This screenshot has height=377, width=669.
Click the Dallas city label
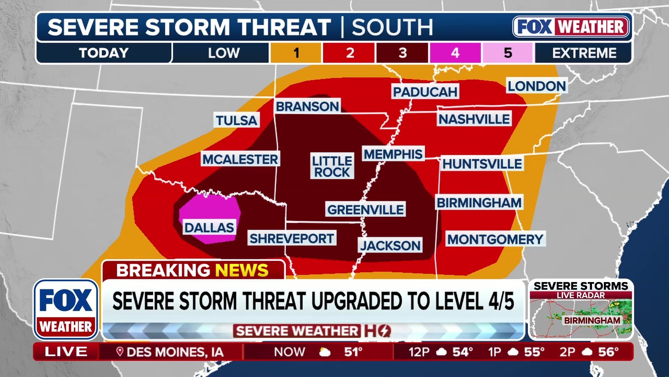(x=209, y=228)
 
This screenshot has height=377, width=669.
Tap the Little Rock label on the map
(x=332, y=167)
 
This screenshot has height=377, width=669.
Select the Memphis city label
(x=393, y=154)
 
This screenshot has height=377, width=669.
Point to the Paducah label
(x=425, y=92)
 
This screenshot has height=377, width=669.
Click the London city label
(x=537, y=86)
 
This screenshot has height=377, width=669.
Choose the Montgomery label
(x=495, y=239)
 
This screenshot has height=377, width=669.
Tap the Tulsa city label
(x=236, y=120)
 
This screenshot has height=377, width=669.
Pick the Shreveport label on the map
(x=292, y=238)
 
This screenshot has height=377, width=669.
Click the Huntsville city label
(x=482, y=164)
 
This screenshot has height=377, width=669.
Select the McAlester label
(x=240, y=159)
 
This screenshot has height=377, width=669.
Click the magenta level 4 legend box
(x=455, y=53)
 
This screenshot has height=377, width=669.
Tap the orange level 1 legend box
(x=296, y=53)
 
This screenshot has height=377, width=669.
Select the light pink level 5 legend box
(x=508, y=53)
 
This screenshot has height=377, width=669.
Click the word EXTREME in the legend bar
(x=584, y=53)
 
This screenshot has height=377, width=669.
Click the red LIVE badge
(x=66, y=352)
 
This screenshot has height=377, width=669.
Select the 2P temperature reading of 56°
(x=608, y=352)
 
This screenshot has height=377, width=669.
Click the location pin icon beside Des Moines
(x=120, y=352)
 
